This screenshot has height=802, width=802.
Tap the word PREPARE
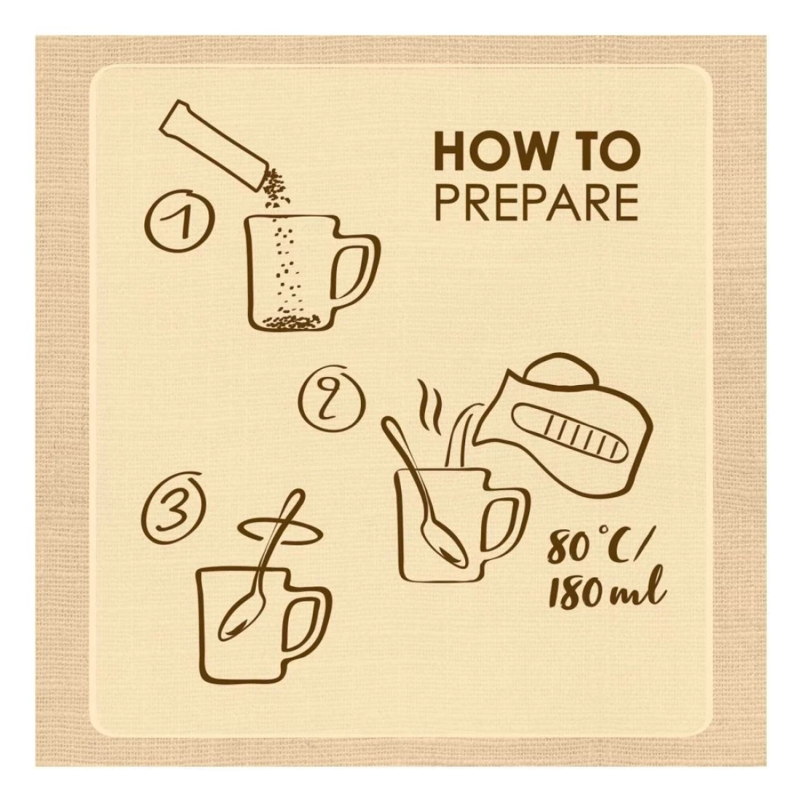537,203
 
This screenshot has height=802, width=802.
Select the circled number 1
179,220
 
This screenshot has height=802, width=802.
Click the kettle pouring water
563,429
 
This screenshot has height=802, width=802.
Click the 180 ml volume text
606,593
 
